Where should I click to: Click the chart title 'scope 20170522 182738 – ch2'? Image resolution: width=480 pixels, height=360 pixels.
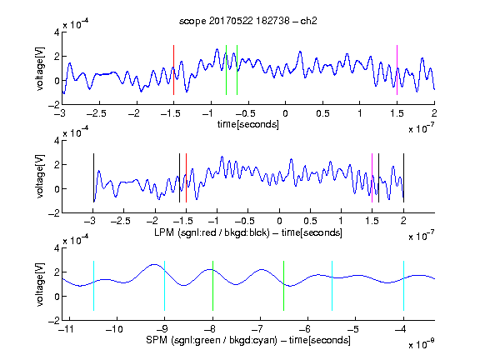click(247, 21)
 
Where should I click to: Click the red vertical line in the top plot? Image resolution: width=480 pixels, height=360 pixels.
click(173, 70)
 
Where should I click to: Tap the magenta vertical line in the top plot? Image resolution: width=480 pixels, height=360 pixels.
click(397, 70)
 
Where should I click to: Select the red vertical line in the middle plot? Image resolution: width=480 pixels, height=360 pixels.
click(186, 177)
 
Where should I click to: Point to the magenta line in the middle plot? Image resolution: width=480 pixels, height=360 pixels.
click(372, 177)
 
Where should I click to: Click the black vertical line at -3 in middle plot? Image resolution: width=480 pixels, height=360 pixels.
click(93, 177)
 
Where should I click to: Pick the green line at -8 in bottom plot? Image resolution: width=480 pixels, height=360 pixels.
click(212, 286)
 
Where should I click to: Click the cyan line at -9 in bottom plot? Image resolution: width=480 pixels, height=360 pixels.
click(165, 286)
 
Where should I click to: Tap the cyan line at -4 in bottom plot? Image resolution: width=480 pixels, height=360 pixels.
click(403, 286)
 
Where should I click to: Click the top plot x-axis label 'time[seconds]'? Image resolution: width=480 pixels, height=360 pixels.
click(248, 124)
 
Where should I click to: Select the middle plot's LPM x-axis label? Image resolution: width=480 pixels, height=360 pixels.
click(248, 232)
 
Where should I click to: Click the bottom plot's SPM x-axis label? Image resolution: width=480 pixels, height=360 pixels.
click(248, 340)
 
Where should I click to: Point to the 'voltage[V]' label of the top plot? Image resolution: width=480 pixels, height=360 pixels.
click(40, 69)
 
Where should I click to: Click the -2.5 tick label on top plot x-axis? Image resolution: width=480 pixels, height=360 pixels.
click(97, 113)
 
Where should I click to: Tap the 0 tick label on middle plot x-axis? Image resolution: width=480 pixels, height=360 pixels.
click(279, 221)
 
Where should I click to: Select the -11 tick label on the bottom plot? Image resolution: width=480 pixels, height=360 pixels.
click(67, 329)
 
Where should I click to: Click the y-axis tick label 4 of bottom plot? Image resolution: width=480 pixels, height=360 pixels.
click(57, 247)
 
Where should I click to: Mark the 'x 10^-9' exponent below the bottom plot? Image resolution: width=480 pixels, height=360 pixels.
click(422, 345)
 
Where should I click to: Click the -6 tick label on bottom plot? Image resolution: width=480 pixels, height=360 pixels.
click(305, 329)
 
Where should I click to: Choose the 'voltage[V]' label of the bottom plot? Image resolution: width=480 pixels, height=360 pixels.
click(40, 285)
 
